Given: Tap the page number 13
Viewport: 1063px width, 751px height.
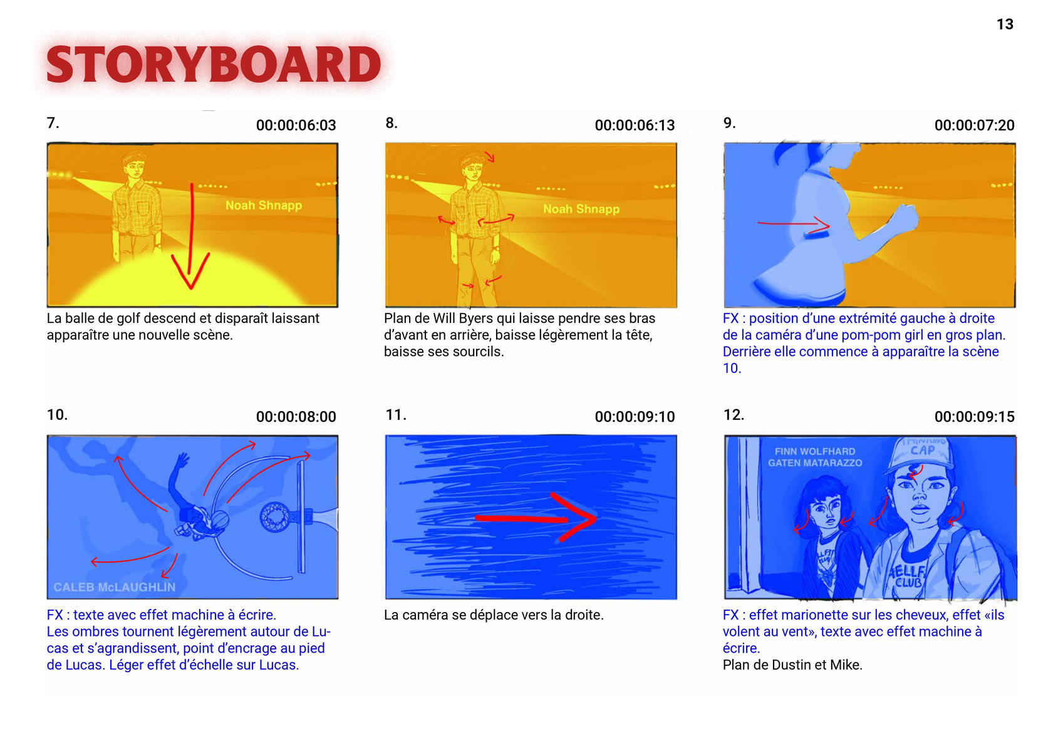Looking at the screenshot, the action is point(1005,24).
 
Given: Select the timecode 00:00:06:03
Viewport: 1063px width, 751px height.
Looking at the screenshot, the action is point(296,125).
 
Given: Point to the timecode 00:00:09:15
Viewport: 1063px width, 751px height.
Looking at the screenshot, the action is point(974,417).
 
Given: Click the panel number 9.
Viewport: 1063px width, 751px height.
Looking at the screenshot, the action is point(729,123).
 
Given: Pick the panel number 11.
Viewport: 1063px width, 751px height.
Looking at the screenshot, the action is point(396,415).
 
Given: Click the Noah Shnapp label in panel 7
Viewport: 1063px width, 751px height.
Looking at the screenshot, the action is point(264,205).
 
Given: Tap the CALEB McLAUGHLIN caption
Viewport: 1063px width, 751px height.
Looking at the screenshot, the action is point(115,587).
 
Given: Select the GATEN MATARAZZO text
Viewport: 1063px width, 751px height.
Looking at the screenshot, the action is point(815,462).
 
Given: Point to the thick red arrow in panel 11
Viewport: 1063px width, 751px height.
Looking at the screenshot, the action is point(536,518).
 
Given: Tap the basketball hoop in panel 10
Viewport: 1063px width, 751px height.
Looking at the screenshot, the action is point(275,517).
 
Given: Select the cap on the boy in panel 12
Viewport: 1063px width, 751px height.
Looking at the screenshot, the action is point(922,452).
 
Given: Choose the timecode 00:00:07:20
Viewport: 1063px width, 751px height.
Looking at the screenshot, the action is point(974,125).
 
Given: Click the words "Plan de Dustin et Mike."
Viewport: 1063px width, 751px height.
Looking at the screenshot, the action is point(792,665).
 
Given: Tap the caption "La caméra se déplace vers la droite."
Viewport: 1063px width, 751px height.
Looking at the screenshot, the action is point(494,615).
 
